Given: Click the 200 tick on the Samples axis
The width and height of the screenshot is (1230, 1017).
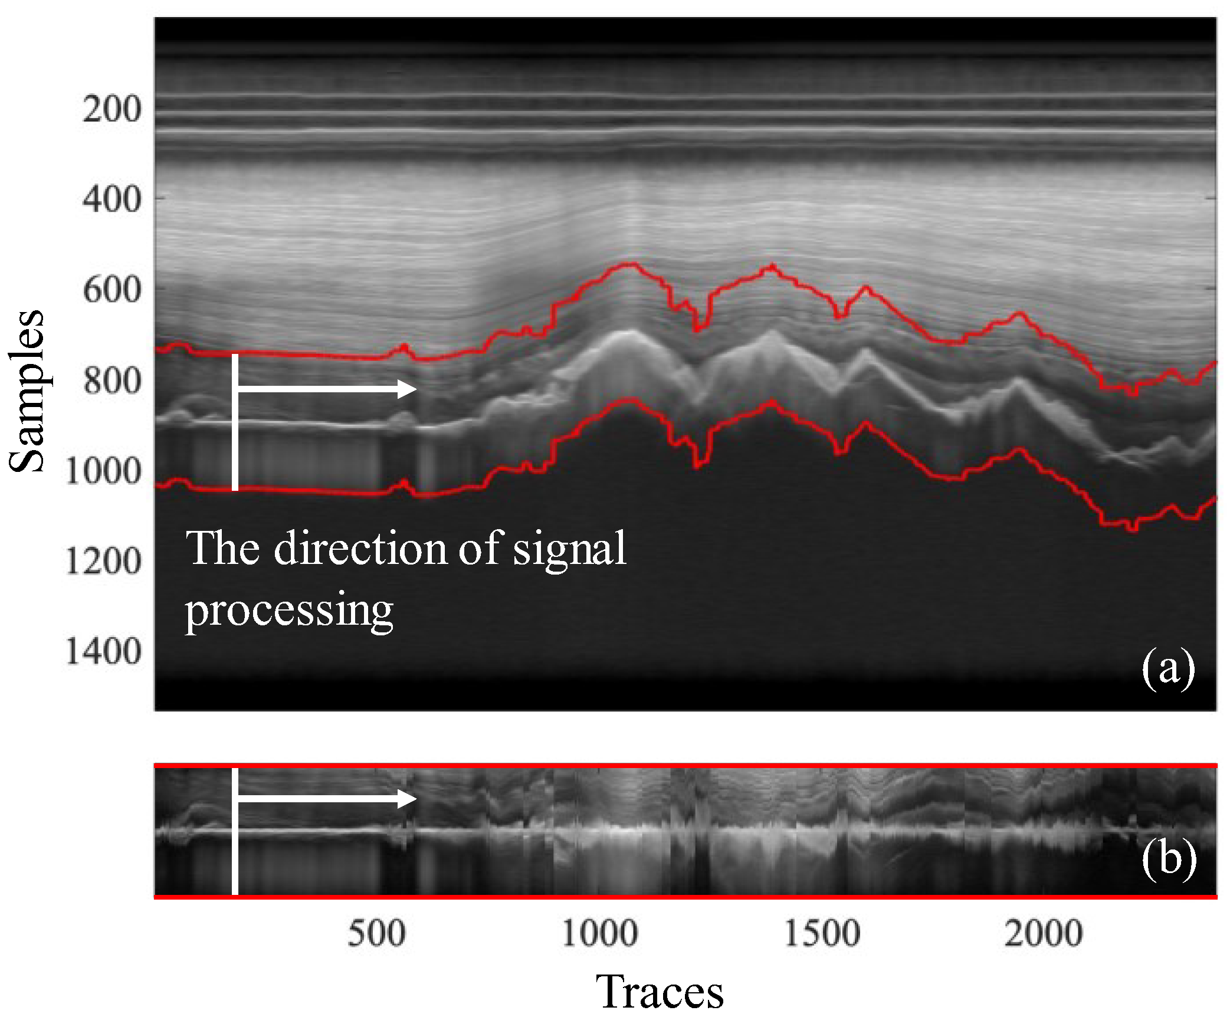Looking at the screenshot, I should (111, 110).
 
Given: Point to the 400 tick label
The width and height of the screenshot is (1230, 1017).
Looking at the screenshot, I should (111, 200).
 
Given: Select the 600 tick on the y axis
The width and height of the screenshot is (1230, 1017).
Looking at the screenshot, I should (111, 290).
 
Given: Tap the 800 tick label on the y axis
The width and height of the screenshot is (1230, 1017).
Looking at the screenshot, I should (111, 380).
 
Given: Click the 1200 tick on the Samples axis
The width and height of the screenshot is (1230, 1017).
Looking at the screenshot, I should (103, 561).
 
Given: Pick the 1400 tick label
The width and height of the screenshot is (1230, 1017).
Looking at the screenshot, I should (103, 652).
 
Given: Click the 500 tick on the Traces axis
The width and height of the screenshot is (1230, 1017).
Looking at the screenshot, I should (376, 934).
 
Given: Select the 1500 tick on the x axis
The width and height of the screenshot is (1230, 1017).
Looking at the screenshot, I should (822, 934).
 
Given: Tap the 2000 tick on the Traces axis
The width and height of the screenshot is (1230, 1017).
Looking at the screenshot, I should (1044, 934).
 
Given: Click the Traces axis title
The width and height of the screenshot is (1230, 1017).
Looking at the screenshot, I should (660, 992).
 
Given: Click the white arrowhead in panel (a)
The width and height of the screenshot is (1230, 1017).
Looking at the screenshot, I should (407, 389).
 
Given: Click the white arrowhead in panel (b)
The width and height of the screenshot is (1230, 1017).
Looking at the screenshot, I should (407, 799).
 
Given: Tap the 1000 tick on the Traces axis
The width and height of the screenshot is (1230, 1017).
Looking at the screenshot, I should (599, 934).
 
